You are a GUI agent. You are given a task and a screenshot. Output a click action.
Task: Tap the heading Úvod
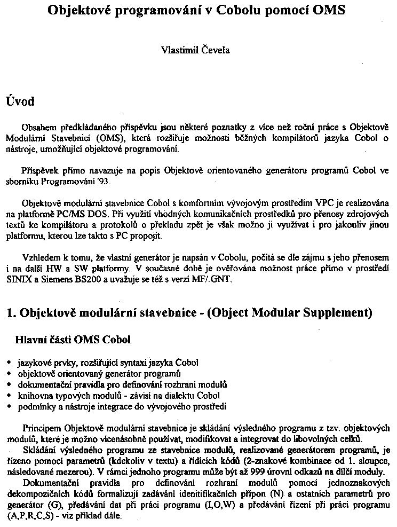point(20,101)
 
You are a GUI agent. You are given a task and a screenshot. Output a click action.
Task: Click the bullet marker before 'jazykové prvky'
point(9,363)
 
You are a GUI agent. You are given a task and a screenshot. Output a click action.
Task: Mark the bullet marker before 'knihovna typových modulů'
point(9,396)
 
